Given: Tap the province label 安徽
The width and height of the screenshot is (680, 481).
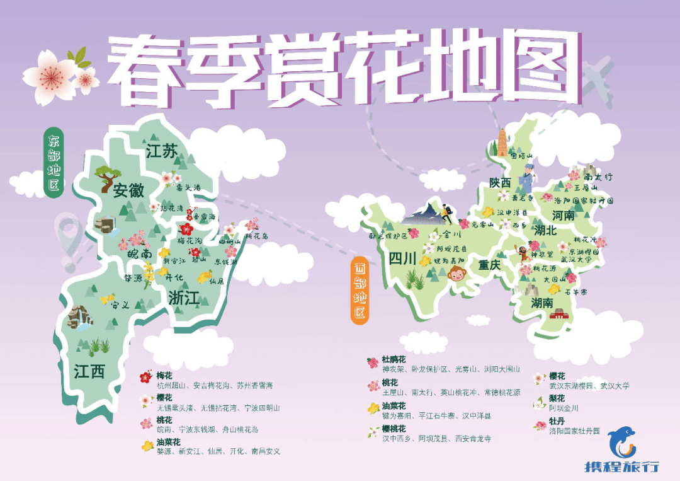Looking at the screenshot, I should (128, 190).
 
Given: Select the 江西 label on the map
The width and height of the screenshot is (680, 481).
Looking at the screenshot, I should (89, 371).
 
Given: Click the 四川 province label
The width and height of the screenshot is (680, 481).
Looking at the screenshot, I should (403, 258).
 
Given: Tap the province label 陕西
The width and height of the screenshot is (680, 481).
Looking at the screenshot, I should (500, 183).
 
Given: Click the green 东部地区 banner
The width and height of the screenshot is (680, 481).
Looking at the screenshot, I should (54, 162).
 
